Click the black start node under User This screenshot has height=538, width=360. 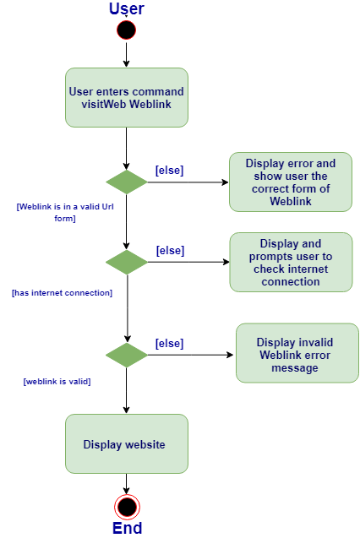click(126, 30)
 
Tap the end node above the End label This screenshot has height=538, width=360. click(127, 507)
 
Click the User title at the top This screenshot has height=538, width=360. click(127, 8)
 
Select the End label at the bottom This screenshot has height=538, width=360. click(127, 528)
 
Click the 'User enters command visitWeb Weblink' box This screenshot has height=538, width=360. click(127, 97)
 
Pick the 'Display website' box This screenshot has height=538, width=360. click(127, 444)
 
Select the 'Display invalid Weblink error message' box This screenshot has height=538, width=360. click(297, 353)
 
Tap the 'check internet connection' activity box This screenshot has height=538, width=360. click(291, 262)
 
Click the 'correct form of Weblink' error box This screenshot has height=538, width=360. click(291, 182)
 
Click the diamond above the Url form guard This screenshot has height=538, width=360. click(126, 182)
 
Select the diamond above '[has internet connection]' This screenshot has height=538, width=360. click(126, 262)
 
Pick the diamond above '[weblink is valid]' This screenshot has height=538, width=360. click(126, 355)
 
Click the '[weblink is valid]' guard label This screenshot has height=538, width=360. click(57, 382)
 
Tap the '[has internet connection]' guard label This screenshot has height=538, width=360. click(63, 293)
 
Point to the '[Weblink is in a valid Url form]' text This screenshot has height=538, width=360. click(65, 212)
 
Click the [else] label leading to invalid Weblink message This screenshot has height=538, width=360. click(170, 343)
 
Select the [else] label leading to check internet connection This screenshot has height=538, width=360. click(170, 251)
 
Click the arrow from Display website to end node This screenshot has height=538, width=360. click(126, 484)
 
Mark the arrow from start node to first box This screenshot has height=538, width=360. click(126, 53)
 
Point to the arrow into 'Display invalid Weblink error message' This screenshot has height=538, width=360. click(190, 355)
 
